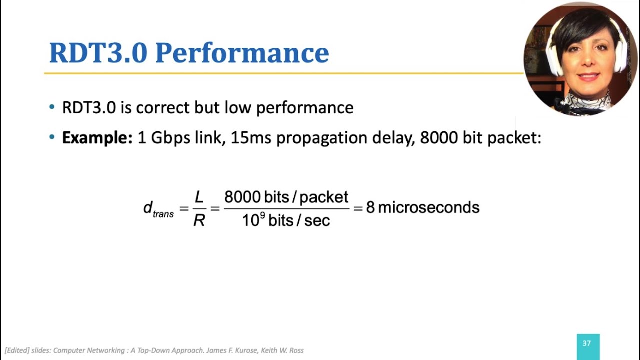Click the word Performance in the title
[x=242, y=53]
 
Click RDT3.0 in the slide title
[x=98, y=53]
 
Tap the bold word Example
[x=97, y=137]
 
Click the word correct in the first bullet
[x=162, y=107]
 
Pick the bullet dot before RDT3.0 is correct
[x=52, y=107]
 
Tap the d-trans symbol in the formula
[x=158, y=209]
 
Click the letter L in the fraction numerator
[x=199, y=197]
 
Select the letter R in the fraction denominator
[x=199, y=220]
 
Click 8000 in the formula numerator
[x=243, y=197]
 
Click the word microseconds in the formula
[x=428, y=207]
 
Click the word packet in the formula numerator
[x=324, y=197]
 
